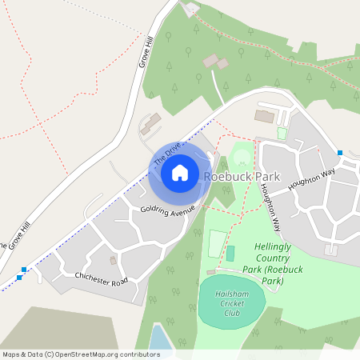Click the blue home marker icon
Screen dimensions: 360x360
tap(180, 172)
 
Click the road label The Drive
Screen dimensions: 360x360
tap(167, 154)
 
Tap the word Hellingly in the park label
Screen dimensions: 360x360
tap(278, 248)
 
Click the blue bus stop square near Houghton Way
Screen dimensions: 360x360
tap(340, 153)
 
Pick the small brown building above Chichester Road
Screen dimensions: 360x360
tap(113, 260)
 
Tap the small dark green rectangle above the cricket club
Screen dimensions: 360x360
tap(230, 254)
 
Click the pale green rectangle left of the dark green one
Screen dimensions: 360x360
tap(217, 242)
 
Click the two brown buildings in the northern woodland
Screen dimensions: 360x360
tap(215, 61)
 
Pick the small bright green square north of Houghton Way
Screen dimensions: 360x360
tap(282, 134)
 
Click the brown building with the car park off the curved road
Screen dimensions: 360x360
tap(264, 117)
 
